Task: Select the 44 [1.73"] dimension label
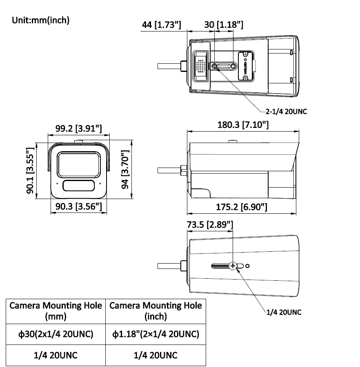coord(161,25)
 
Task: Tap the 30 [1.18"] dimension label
coord(224,25)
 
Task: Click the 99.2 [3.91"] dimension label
coord(78,129)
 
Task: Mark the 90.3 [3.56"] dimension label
coord(78,206)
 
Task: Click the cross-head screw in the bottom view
coord(233,266)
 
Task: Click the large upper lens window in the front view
coord(78,163)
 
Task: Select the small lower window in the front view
coord(78,186)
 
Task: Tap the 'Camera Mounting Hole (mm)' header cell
coord(56,311)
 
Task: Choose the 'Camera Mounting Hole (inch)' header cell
coord(156,311)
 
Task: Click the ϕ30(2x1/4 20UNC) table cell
coord(56,334)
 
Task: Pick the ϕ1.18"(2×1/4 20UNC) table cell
coord(156,334)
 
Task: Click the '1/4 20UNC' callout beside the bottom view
coord(284,312)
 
